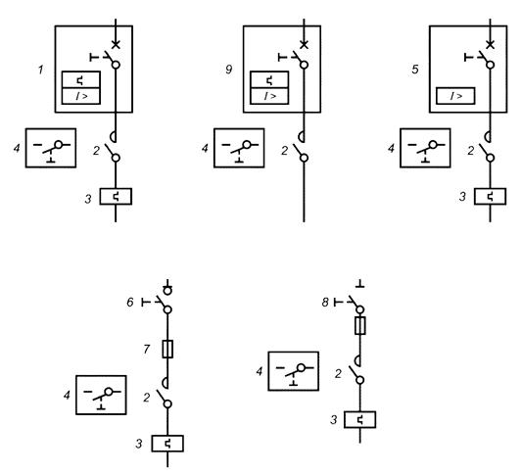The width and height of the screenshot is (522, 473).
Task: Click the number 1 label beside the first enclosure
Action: (x=40, y=70)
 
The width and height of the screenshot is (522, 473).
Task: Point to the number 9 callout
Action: (x=229, y=70)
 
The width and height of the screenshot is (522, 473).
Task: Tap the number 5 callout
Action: (x=415, y=70)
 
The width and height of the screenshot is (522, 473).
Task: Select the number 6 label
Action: (x=130, y=303)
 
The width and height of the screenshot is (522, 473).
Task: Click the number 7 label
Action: (x=147, y=350)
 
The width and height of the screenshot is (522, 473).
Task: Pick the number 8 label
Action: (x=325, y=303)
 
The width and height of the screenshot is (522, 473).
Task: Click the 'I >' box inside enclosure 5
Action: (x=455, y=96)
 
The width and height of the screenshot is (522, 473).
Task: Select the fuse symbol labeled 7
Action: (x=167, y=350)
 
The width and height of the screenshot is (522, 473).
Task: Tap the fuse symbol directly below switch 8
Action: (x=359, y=325)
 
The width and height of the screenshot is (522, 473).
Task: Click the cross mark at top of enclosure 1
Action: (x=116, y=44)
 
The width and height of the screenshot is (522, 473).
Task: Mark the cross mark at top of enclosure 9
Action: (x=304, y=44)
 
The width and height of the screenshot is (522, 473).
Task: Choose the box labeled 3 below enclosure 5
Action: (x=490, y=197)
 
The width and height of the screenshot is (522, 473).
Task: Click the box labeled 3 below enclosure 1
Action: (x=116, y=197)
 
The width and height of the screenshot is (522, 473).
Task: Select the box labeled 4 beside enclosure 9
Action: (x=239, y=148)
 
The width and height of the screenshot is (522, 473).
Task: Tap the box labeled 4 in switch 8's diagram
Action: (x=293, y=371)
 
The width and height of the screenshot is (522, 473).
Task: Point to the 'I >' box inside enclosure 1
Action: (x=81, y=96)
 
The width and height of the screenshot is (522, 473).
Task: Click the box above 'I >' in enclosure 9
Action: (x=269, y=80)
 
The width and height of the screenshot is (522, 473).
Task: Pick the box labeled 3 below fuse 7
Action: (x=167, y=444)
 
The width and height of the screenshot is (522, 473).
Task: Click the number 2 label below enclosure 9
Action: (x=284, y=151)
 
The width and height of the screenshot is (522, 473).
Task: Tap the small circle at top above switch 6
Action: (x=167, y=291)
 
